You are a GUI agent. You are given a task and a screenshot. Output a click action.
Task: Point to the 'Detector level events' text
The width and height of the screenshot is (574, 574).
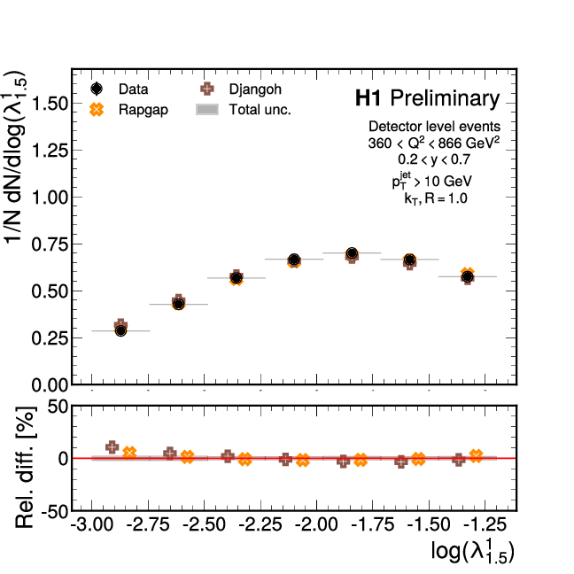tap(434, 127)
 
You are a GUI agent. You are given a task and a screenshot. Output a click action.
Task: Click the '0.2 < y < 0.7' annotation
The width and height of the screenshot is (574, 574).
tap(434, 159)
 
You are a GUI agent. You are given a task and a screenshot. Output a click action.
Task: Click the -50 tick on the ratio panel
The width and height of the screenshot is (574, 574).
tap(54, 511)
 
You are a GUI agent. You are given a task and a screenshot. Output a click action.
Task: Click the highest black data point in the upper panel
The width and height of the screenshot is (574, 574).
tap(352, 253)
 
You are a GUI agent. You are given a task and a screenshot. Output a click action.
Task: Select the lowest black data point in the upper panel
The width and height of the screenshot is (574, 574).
tap(120, 330)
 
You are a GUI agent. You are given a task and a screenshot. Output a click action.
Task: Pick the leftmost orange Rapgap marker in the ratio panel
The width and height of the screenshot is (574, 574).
tap(129, 453)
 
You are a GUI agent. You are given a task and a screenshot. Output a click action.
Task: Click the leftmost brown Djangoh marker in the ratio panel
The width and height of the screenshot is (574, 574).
tap(112, 447)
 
